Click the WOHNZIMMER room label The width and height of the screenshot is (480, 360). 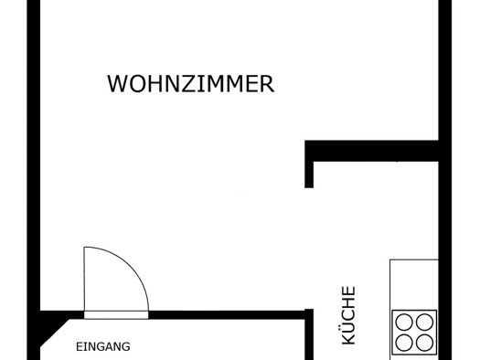190,83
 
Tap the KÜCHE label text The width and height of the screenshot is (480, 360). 348,315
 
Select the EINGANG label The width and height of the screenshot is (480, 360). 102,347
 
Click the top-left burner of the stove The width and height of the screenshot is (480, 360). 404,323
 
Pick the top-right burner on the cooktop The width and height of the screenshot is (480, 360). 424,323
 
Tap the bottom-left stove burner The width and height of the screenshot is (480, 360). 404,343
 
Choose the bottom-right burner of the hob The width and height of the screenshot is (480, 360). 424,343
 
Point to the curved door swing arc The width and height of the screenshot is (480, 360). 130,266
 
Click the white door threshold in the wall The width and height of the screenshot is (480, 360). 116,315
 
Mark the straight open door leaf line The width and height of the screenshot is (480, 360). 84,279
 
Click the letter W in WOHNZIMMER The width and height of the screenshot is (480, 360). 116,83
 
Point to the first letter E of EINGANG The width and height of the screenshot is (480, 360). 79,347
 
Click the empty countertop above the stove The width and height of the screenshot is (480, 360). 414,284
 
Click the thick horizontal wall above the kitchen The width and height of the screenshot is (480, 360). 371,151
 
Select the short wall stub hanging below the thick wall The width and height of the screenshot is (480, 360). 309,175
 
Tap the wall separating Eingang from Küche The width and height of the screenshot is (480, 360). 309,334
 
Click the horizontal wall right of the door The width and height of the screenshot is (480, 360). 227,315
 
